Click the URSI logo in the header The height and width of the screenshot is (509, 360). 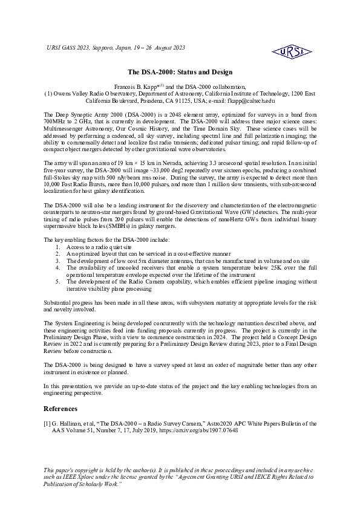(292, 53)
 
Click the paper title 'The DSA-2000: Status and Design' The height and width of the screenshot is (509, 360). (180, 72)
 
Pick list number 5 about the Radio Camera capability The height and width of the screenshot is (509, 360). (58, 282)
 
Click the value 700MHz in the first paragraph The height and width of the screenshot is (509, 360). (55, 121)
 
